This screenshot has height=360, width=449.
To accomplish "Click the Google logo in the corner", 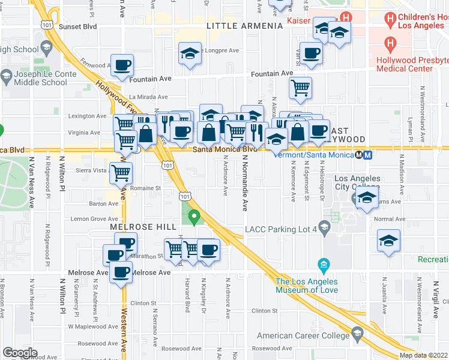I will tap(20, 352).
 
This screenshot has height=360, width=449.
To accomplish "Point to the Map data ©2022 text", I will tap(424, 355).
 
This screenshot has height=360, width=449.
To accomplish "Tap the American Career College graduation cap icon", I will tap(358, 332).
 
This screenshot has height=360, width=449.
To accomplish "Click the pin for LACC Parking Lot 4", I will tap(324, 227).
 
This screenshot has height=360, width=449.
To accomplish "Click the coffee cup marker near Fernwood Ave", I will tap(122, 65).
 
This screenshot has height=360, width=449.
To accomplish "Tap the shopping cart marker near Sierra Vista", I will tap(121, 173).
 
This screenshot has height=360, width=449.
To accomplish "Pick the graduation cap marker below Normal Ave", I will tap(388, 241).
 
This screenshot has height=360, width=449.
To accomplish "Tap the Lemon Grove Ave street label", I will tap(95, 219).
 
